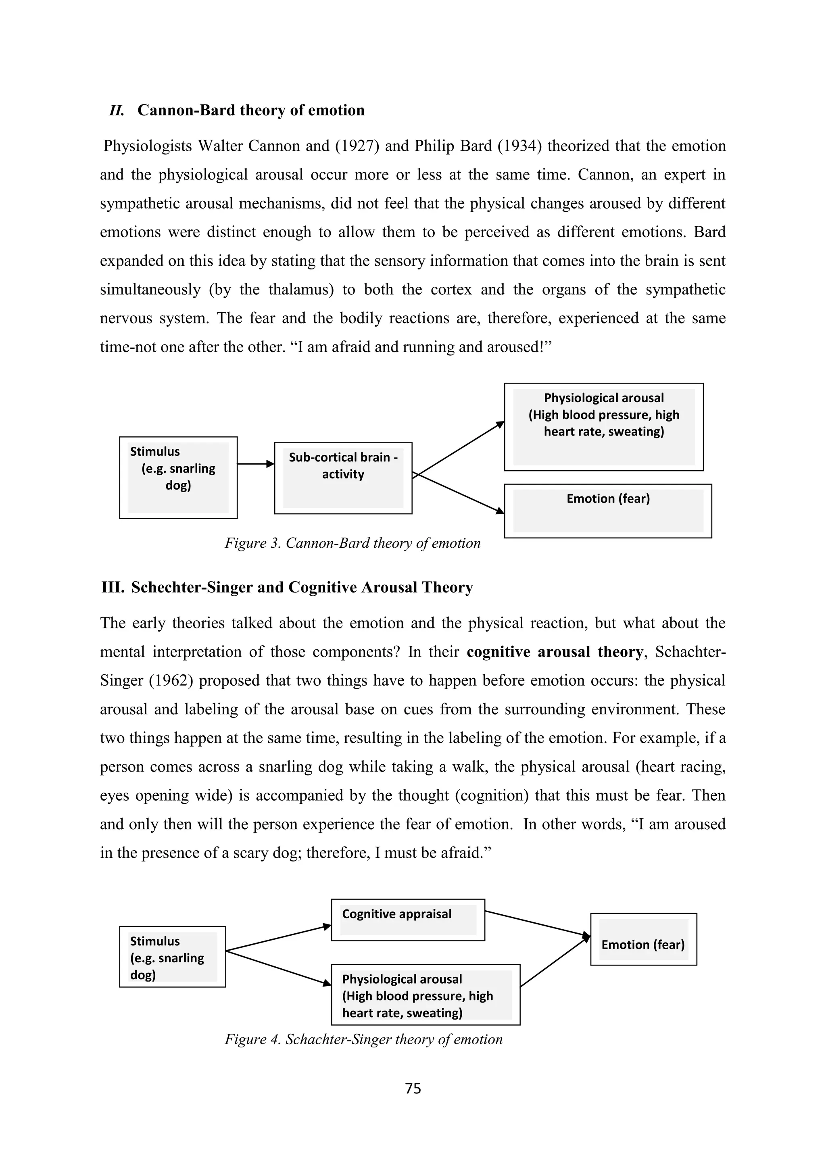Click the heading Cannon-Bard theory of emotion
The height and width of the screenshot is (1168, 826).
click(251, 111)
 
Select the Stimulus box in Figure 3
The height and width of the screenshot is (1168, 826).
click(178, 477)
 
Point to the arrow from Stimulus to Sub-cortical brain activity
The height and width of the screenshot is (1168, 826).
click(255, 463)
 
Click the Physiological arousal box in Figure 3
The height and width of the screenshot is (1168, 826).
click(604, 426)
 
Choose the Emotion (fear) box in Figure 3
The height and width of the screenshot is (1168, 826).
click(608, 510)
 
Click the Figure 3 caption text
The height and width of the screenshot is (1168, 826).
click(353, 543)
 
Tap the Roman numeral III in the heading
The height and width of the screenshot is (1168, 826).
click(113, 587)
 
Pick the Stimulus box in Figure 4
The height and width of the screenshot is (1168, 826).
click(173, 956)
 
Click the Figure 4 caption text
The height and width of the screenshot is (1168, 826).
click(363, 1039)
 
